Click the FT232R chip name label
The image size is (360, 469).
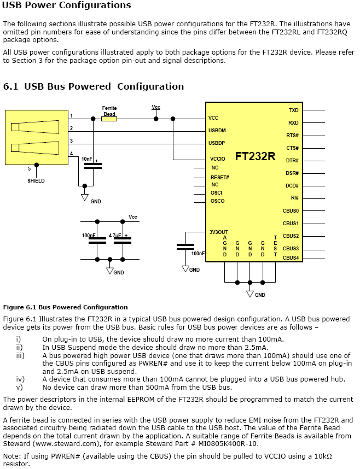coord(256,156)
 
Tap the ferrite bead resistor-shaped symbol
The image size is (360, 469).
coord(109,118)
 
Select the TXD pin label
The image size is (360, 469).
coord(293,110)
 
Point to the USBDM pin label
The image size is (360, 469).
coord(217,131)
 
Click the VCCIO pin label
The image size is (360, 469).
coord(217,159)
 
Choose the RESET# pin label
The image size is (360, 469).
coord(219,178)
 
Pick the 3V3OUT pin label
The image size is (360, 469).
coord(219,231)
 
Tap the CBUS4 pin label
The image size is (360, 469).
coord(291,257)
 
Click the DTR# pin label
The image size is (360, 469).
coord(292,161)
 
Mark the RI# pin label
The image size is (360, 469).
coord(294,198)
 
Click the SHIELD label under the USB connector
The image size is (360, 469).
coord(36,180)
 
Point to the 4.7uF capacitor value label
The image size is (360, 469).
coord(115,236)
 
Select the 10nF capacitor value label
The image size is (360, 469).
coord(87,159)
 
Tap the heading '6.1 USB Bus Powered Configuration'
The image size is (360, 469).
coord(94,86)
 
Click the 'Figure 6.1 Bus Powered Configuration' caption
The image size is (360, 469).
coord(65,307)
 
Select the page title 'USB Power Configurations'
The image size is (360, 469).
coord(67,5)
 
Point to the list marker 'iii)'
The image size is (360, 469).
coord(20,355)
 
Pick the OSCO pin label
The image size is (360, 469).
coord(217,201)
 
